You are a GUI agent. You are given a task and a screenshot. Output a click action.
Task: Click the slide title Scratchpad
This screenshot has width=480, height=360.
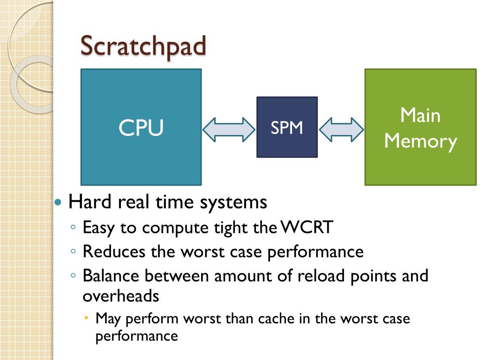[143, 46]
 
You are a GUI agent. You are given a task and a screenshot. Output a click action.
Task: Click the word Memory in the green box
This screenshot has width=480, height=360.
[420, 141]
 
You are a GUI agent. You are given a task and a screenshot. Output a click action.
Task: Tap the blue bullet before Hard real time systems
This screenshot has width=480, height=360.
[58, 203]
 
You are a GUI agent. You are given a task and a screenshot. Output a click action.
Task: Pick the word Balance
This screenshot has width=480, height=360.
[112, 276]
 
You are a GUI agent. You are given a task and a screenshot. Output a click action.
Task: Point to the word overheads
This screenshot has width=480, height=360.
[121, 296]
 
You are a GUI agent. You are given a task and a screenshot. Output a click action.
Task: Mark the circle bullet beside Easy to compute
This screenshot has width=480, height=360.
[74, 227]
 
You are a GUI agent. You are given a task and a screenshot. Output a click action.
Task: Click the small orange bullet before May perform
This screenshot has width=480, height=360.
[87, 318]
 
